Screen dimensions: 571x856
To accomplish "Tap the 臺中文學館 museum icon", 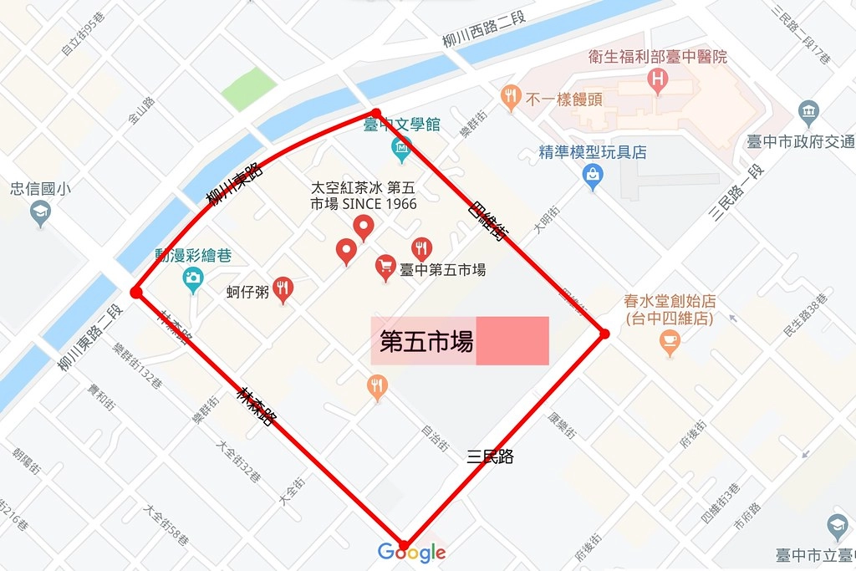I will (401, 150).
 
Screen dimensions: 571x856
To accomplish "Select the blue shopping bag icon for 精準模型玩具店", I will (593, 176).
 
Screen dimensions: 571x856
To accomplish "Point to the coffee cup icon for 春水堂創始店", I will (670, 340).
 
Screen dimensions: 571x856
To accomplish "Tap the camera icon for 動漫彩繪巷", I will (193, 278).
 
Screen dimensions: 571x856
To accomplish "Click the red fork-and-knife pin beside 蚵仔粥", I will (283, 289).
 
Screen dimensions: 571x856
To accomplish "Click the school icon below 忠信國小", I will (39, 214).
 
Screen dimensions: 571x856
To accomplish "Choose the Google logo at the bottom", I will (411, 553).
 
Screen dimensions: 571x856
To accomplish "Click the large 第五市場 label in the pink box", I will (426, 341).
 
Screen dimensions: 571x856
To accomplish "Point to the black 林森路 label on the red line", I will (256, 406).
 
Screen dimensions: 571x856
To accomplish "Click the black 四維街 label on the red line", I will (487, 221).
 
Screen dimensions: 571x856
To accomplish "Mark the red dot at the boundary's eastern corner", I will (604, 334).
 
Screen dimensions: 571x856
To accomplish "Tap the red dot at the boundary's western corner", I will (135, 292).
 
